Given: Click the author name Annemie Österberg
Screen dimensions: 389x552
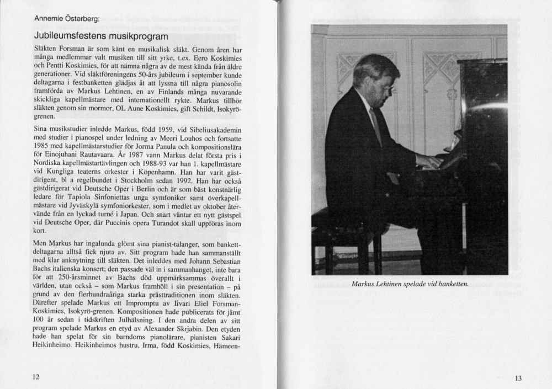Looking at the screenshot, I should [66, 19].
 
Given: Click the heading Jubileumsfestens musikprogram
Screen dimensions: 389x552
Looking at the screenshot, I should [100, 37].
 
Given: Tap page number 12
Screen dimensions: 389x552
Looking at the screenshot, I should [36, 377].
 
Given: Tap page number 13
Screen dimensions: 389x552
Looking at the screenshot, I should [517, 378].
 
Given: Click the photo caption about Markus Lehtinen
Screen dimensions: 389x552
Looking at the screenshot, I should [409, 284].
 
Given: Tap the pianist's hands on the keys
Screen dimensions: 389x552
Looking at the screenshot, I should [429, 161].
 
